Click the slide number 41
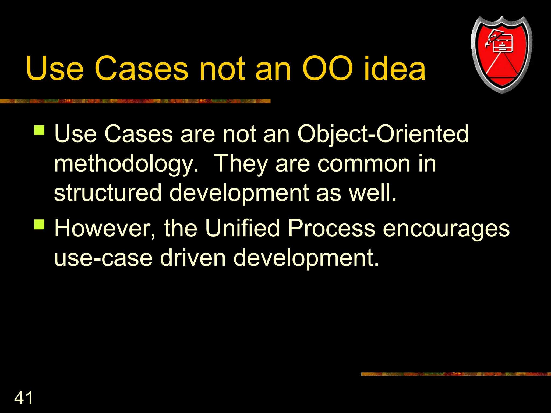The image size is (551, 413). click(x=23, y=398)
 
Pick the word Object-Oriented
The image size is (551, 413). click(x=383, y=134)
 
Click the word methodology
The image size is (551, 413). click(x=126, y=164)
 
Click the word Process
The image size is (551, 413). click(x=331, y=229)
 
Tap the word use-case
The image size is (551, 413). click(x=103, y=258)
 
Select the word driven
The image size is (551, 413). click(x=193, y=257)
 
